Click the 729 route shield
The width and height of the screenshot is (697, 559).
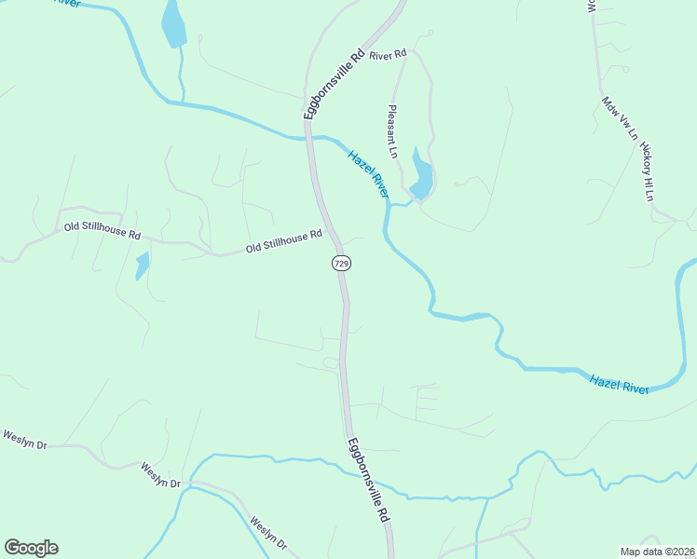(x=341, y=264)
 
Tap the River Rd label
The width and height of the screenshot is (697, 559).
(x=388, y=56)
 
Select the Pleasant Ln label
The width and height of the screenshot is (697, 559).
(x=393, y=131)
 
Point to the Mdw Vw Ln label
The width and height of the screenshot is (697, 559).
(x=619, y=118)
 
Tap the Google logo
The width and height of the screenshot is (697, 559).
(x=31, y=548)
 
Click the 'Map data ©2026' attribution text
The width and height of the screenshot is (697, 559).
(x=658, y=552)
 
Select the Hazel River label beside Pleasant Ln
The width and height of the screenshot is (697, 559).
(x=367, y=173)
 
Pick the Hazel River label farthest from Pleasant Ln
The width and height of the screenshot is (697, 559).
(x=619, y=383)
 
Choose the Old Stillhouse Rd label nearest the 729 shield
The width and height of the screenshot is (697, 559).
(x=283, y=241)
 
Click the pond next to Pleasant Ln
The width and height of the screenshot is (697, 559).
(x=420, y=176)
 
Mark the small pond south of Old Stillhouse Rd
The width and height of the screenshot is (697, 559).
(x=142, y=266)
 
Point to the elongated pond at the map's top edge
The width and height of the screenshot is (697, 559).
(x=173, y=23)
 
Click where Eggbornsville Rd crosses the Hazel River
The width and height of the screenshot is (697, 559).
(x=309, y=137)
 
